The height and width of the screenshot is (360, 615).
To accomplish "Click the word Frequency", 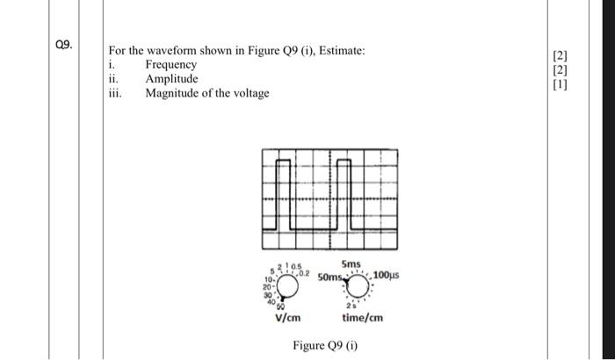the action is click(170, 65).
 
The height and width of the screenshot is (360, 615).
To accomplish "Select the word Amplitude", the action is click(171, 79).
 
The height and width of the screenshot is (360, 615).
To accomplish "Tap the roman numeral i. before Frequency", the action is click(112, 65).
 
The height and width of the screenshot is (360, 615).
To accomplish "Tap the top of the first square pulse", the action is click(285, 162).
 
